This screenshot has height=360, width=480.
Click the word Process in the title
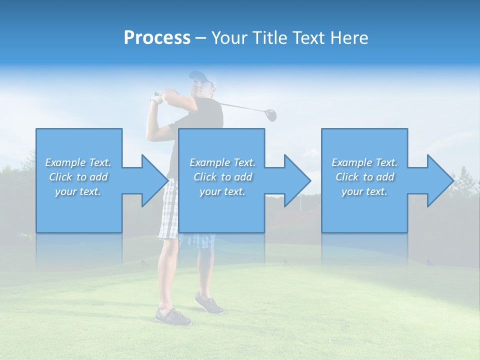pyautogui.click(x=157, y=38)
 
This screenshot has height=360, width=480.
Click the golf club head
pyautogui.click(x=270, y=115)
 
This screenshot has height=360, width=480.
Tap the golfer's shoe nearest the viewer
pyautogui.click(x=172, y=316)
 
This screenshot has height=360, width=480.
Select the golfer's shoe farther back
pyautogui.click(x=208, y=303)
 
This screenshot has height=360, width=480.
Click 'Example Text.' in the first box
pyautogui.click(x=78, y=162)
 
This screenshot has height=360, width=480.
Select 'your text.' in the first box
pyautogui.click(x=78, y=191)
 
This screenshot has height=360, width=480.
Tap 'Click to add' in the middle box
pyautogui.click(x=222, y=177)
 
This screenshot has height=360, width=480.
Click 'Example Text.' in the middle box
pyautogui.click(x=222, y=162)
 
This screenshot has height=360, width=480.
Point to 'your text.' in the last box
pyautogui.click(x=364, y=191)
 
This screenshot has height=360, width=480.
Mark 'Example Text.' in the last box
pyautogui.click(x=364, y=162)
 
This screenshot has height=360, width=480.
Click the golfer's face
pyautogui.click(x=201, y=88)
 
